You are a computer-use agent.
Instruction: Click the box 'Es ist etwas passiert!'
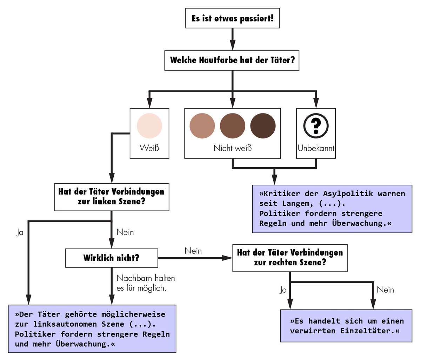(x=232, y=19)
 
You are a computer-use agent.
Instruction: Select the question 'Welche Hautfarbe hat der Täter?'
(x=232, y=60)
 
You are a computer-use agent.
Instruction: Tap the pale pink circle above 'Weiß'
(x=149, y=125)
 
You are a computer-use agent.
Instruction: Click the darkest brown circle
(x=263, y=126)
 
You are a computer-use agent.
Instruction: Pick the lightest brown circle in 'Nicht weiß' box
(x=202, y=126)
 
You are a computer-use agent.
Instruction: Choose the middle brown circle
(x=232, y=126)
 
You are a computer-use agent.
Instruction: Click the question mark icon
(x=316, y=125)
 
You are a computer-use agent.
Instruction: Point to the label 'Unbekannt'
(x=316, y=148)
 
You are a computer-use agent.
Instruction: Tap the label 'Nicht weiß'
(x=232, y=148)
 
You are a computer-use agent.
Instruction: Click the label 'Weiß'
(x=149, y=148)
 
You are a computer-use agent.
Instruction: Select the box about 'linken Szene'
(x=111, y=197)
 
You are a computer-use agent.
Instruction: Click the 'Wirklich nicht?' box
(x=111, y=258)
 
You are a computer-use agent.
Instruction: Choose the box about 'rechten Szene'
(x=290, y=258)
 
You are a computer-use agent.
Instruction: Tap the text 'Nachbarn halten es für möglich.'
(x=146, y=283)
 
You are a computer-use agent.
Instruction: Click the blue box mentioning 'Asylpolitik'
(x=332, y=209)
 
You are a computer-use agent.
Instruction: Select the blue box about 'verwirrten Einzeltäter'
(x=346, y=326)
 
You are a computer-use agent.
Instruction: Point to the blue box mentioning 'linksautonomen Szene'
(x=92, y=329)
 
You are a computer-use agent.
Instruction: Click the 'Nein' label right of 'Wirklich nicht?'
(x=193, y=251)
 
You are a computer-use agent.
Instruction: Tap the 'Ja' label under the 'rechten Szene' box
(x=283, y=290)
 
